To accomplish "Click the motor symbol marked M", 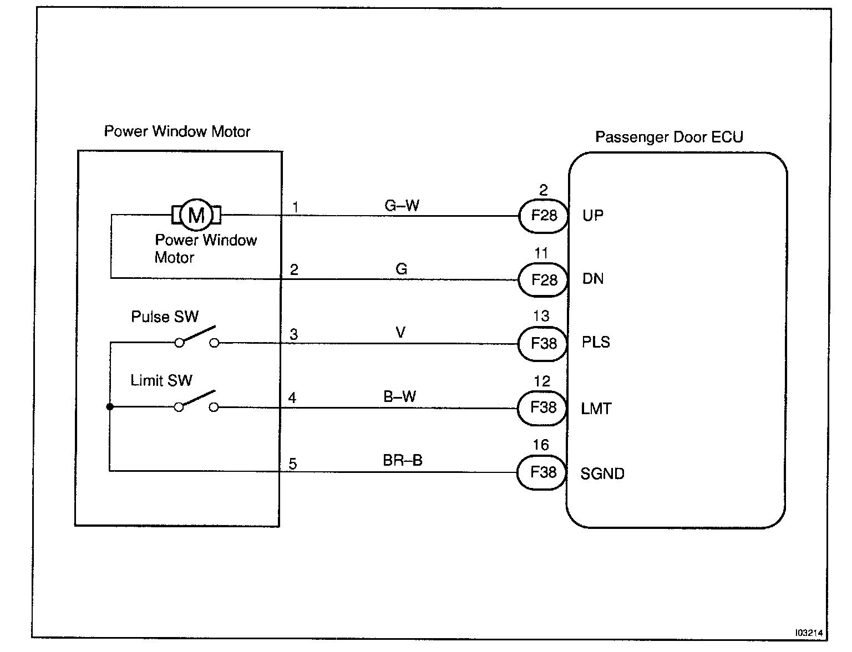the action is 196,215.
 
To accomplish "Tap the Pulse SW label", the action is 165,317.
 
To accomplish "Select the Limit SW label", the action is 161,380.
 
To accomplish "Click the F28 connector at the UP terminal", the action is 544,216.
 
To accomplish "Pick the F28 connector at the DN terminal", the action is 543,280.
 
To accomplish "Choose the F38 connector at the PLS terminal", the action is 542,344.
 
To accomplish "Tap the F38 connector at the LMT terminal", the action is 542,408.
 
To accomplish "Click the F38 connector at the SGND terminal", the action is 542,472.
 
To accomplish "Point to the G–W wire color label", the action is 402,205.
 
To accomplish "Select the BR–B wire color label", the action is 403,460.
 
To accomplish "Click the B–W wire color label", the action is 399,396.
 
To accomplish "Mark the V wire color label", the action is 400,333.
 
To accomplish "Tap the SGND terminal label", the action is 602,473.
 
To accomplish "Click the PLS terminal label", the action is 596,342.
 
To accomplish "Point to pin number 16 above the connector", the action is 541,445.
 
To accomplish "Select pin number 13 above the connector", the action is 541,316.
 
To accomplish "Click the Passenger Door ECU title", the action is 669,137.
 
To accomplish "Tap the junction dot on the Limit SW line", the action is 110,407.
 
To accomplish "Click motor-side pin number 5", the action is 293,464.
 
